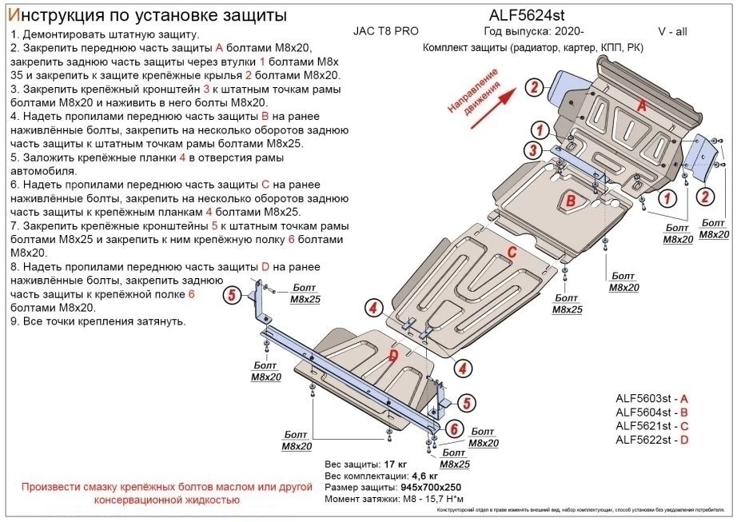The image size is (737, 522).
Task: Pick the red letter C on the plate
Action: coord(509,255)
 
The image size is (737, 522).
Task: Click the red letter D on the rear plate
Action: coord(393,355)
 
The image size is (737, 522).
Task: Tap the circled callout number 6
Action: coord(452,429)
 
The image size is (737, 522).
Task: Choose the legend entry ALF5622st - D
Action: coord(651,440)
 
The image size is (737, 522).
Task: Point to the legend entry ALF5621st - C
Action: coord(651,426)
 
